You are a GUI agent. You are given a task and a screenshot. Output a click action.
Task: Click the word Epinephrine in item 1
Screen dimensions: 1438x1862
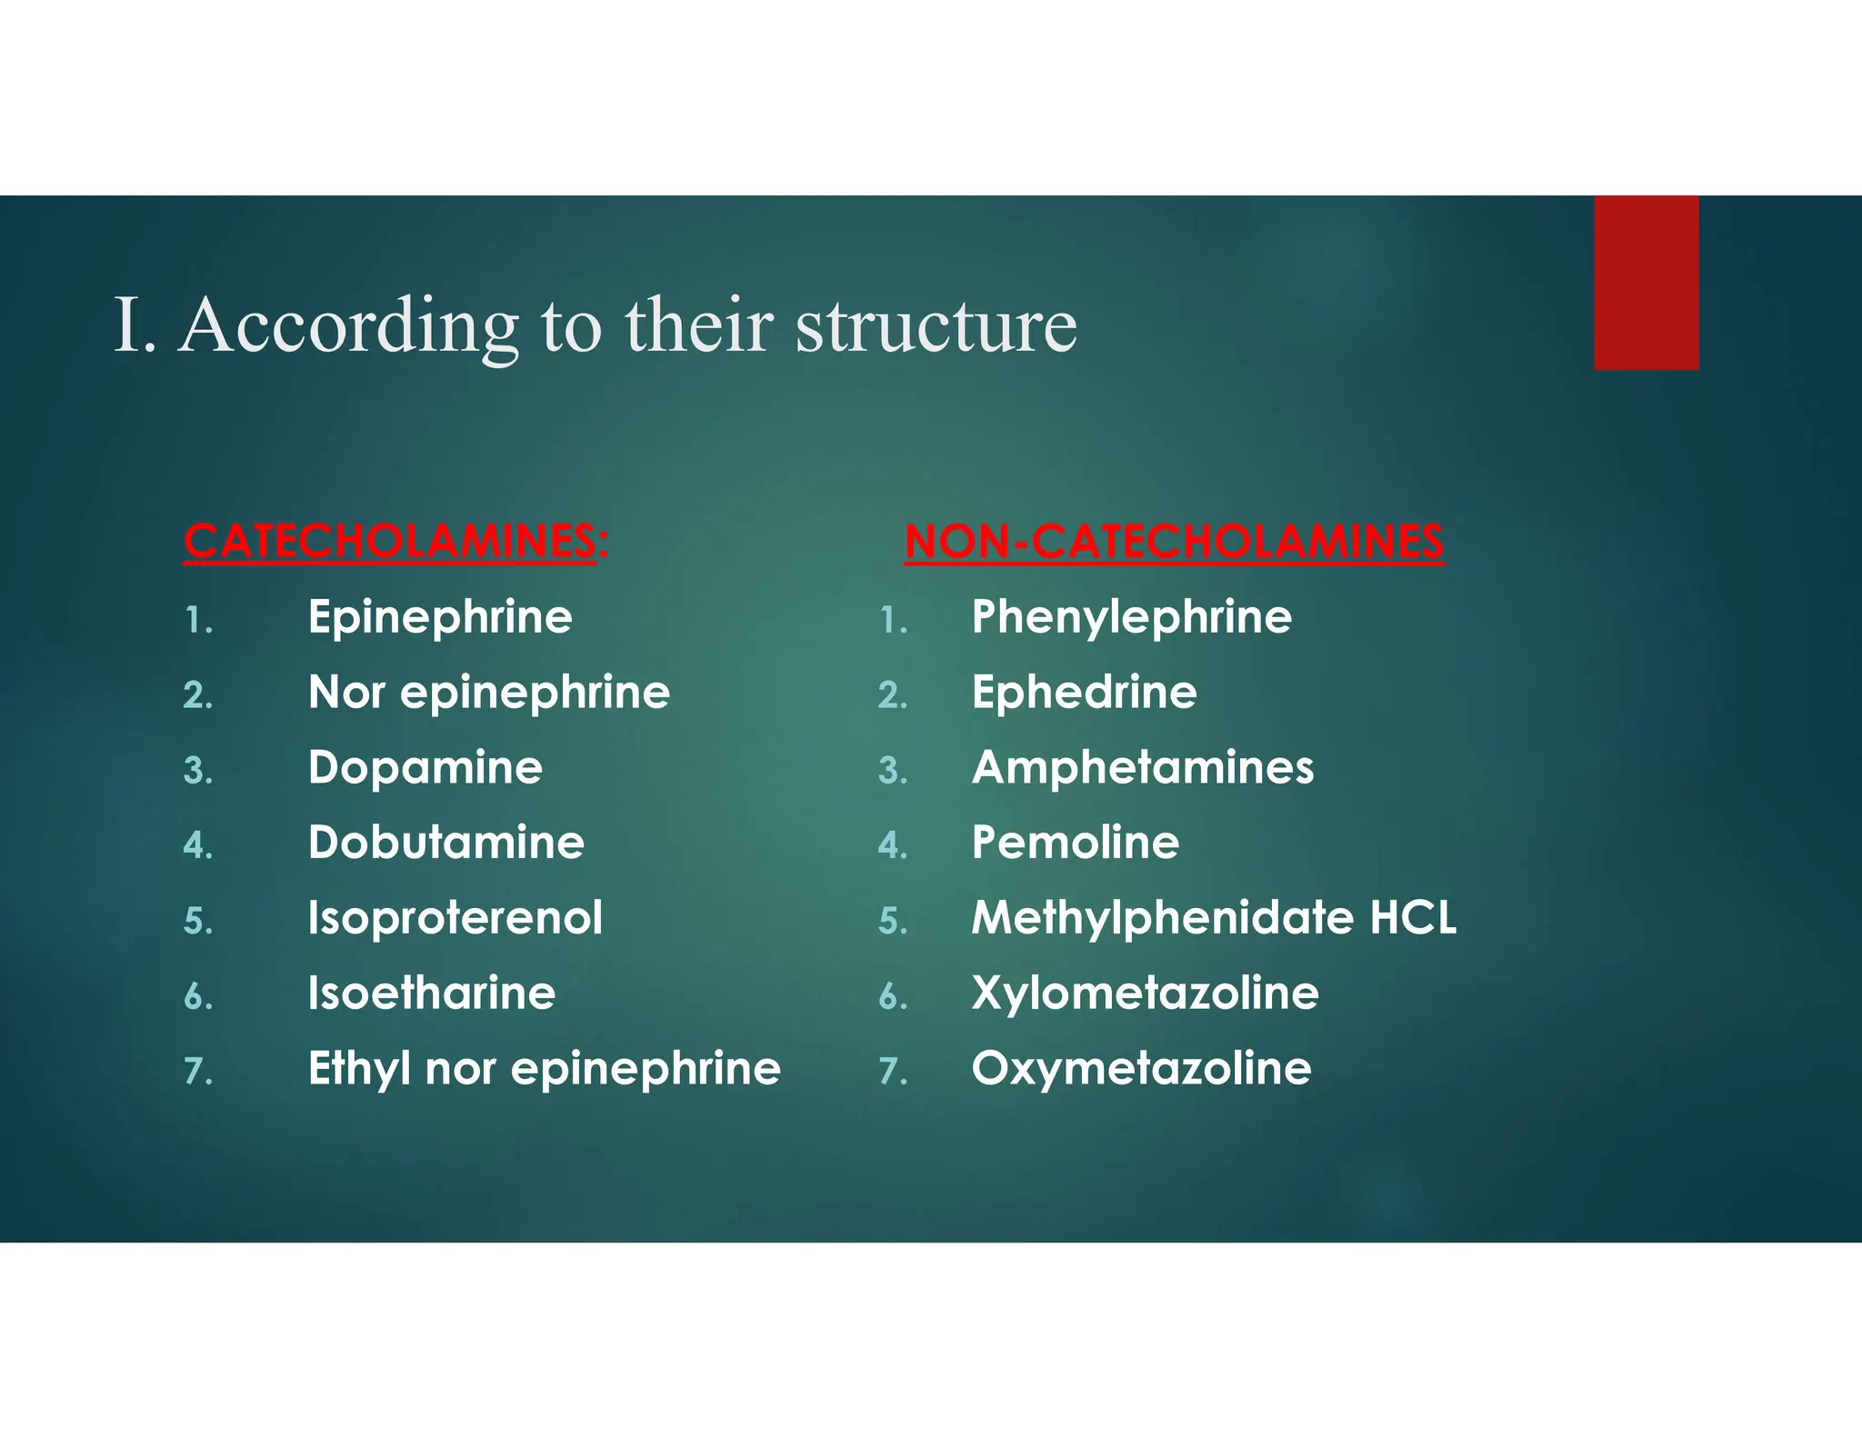[x=440, y=618]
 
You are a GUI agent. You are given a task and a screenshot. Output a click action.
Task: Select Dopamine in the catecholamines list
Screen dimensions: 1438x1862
[x=425, y=768]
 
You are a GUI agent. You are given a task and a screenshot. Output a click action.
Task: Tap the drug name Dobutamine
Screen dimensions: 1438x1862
[x=445, y=843]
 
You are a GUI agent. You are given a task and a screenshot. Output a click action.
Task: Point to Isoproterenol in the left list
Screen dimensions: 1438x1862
[x=455, y=918]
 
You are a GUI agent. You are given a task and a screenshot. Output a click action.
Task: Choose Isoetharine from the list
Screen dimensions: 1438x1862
[x=431, y=993]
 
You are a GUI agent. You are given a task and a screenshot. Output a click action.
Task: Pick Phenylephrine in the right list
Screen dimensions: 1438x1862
[x=1131, y=618]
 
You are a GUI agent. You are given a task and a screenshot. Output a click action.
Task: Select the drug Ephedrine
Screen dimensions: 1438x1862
[x=1084, y=693]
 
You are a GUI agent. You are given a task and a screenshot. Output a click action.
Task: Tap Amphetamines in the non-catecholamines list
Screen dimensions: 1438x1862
[x=1142, y=768]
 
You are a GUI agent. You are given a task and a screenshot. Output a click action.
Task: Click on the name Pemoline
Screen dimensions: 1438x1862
[x=1075, y=843]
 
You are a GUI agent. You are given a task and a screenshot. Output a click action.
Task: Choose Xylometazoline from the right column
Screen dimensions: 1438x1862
[x=1145, y=993]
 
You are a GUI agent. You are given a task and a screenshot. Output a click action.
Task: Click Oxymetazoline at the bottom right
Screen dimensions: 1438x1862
[x=1141, y=1068]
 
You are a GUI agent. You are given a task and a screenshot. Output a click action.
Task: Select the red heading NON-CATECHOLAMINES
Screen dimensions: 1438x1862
[x=1173, y=542]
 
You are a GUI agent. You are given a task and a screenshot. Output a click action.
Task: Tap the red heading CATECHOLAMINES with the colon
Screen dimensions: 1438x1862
[x=395, y=542]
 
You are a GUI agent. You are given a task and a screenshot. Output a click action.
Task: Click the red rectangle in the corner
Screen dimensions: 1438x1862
[x=1646, y=283]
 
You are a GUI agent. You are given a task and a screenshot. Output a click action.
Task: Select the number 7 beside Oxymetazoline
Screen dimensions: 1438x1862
[x=891, y=1072]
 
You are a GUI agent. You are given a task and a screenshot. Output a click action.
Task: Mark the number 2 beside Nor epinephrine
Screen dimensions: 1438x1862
[x=197, y=696]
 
